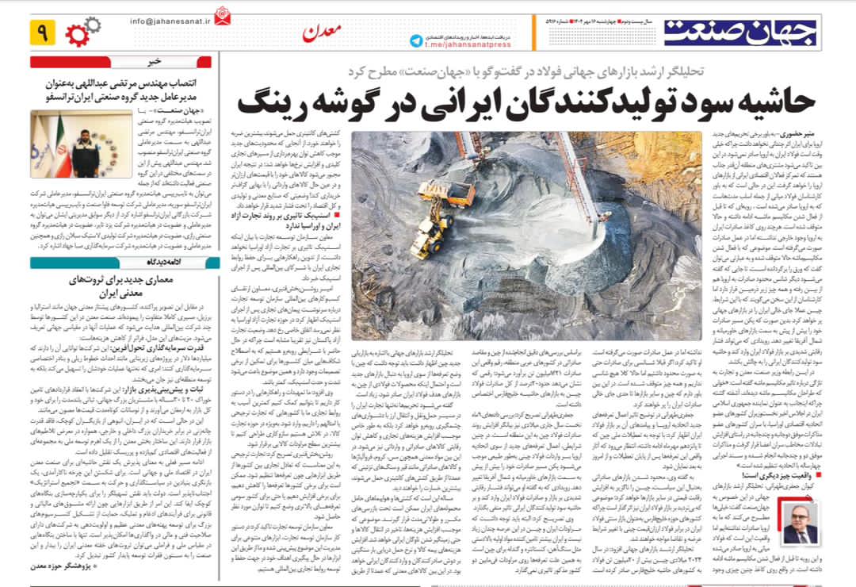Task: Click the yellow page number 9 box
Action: coord(40,33)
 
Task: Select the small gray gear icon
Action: coord(93,24)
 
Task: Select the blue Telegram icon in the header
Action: coord(417,40)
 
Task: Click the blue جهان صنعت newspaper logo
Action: coord(739,31)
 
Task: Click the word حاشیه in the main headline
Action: coord(763,103)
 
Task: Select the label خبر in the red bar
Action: coord(153,61)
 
